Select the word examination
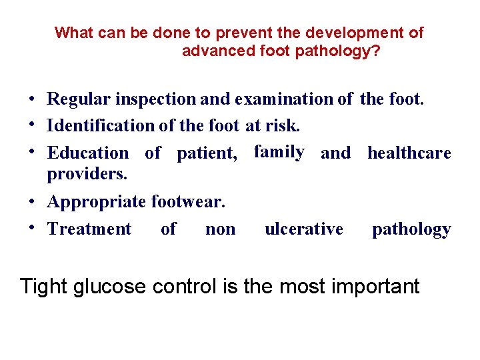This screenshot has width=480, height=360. (282, 100)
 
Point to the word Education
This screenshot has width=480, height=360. (88, 153)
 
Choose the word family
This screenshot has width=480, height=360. (279, 152)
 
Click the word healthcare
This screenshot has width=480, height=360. (409, 153)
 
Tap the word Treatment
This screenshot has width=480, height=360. (90, 229)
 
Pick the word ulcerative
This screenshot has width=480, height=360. (304, 229)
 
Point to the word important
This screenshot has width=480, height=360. (373, 287)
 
